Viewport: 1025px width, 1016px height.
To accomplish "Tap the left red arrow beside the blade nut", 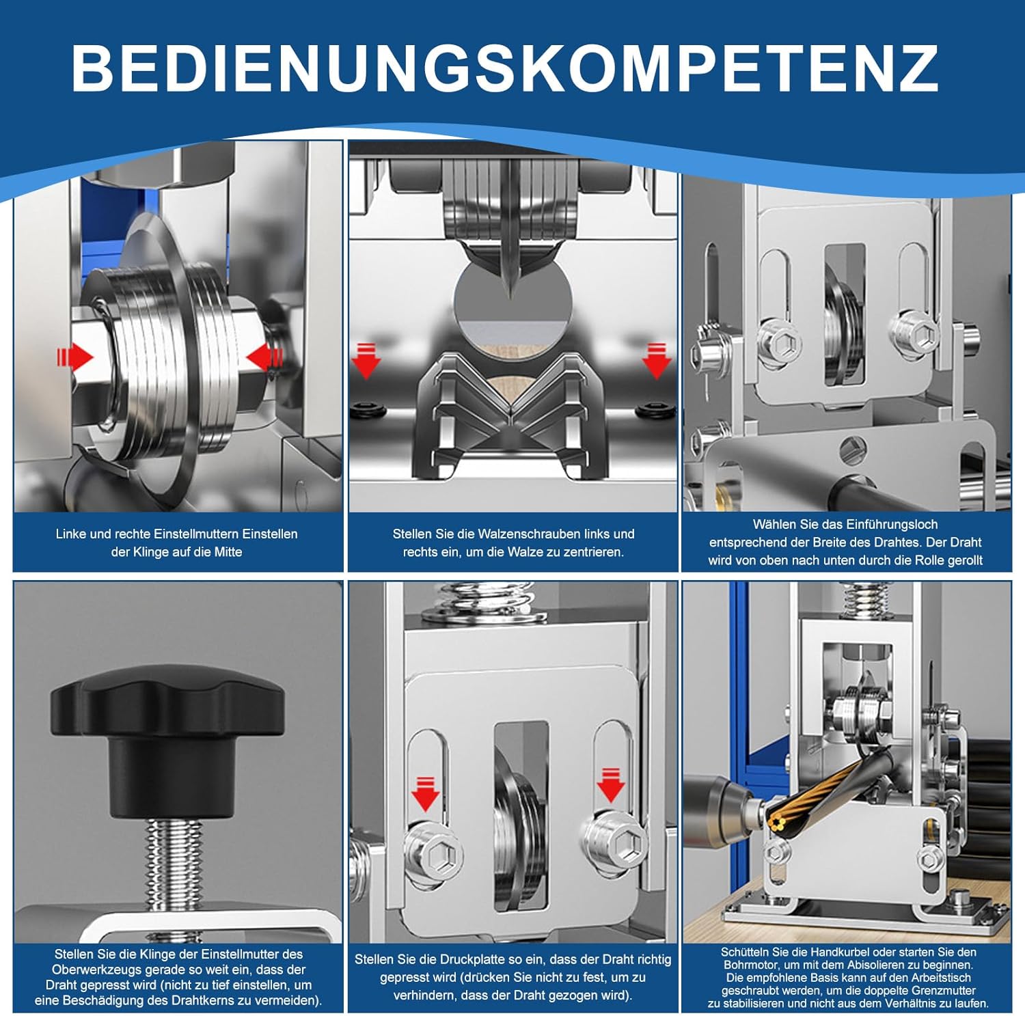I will (x=76, y=357).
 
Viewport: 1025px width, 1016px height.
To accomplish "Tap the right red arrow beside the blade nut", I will (x=265, y=357).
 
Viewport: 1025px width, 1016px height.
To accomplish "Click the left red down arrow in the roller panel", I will (x=366, y=361).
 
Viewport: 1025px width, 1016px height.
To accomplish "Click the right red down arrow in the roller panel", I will (x=656, y=361).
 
